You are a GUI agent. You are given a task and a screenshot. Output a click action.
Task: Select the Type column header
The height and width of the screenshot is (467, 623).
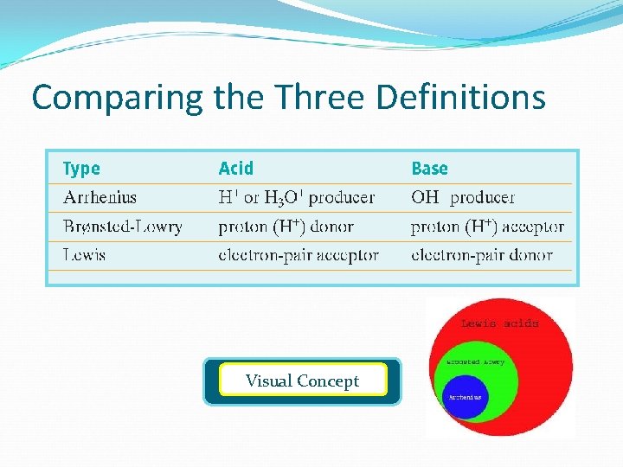click(81, 169)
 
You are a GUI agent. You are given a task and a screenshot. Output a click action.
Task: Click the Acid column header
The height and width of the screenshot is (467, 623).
click(236, 169)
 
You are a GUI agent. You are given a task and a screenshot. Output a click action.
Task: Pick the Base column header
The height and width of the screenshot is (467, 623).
click(429, 169)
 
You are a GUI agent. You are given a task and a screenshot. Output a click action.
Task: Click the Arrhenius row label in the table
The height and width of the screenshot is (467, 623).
click(100, 197)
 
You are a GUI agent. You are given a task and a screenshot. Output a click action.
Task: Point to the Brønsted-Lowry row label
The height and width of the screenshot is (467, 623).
click(122, 227)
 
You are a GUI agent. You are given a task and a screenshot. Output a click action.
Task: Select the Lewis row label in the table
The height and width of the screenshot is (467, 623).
click(84, 255)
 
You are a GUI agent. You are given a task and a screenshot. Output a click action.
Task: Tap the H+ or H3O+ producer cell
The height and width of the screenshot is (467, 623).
click(297, 197)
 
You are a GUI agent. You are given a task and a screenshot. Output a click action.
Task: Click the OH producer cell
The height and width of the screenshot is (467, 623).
click(463, 197)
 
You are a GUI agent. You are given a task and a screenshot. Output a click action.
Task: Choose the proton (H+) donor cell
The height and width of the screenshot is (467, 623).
click(286, 227)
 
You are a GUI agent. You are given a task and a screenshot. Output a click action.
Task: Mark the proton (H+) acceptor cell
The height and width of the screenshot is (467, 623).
click(487, 227)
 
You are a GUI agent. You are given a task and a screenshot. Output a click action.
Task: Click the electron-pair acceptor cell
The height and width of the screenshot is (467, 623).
click(299, 255)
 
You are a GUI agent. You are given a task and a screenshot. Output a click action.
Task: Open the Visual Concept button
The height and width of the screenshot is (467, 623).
click(302, 381)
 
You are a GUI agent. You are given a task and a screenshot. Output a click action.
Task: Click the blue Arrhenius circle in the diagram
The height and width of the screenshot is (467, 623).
click(465, 397)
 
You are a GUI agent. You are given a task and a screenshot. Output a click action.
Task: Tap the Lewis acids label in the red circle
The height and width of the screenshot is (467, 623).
click(499, 323)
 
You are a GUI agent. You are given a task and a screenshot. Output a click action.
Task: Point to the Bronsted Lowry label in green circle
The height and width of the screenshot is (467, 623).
click(475, 362)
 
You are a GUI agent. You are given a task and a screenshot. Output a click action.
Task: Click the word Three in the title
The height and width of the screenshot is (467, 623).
click(325, 98)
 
